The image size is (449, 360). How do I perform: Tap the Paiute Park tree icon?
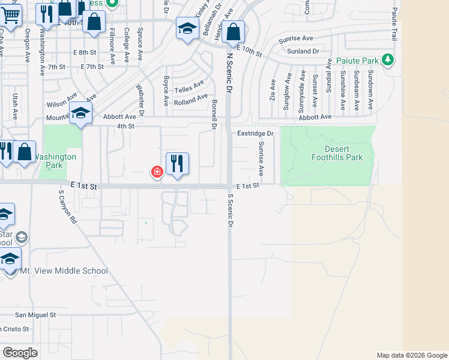388,59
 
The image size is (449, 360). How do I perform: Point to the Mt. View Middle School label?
64,271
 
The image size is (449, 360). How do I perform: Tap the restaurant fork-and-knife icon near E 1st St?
177,163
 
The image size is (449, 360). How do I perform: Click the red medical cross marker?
157,173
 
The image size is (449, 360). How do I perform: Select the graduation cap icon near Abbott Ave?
80,112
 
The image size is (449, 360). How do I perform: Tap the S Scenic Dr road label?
230,210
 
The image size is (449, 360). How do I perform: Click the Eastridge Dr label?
255,133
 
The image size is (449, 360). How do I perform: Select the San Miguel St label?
35,314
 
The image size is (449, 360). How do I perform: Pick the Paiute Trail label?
395,24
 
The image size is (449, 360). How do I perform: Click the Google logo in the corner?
20,352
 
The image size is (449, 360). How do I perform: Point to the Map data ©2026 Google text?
411,355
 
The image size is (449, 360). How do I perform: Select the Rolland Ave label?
190,99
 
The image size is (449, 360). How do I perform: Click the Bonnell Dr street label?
214,115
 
